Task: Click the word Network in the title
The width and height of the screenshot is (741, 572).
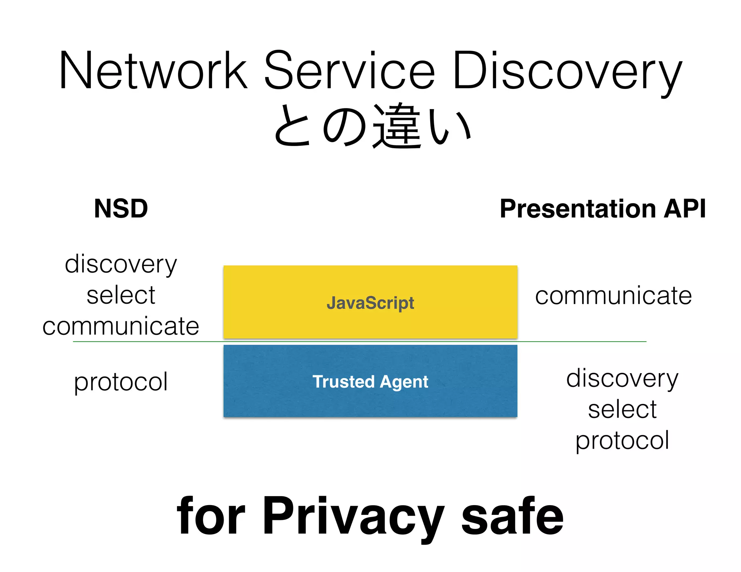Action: (x=153, y=71)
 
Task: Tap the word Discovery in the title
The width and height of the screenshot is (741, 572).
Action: (x=567, y=72)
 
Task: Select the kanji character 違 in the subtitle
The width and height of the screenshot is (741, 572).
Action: (x=397, y=127)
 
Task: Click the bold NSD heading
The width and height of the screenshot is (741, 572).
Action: (x=121, y=209)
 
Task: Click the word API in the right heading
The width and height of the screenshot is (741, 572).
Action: (x=685, y=209)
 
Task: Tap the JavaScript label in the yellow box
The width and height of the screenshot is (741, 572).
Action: (x=370, y=303)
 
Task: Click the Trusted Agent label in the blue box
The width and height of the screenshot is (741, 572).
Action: (x=370, y=382)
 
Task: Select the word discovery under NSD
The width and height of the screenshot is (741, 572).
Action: (x=121, y=264)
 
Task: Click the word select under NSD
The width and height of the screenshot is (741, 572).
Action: (x=121, y=295)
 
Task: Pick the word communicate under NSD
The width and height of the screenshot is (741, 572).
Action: (x=121, y=326)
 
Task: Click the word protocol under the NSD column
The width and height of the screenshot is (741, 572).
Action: (x=121, y=382)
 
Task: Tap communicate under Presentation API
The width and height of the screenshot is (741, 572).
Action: (x=613, y=296)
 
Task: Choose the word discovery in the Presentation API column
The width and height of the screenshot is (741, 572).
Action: (x=622, y=379)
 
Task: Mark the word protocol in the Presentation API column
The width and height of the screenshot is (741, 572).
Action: (x=622, y=441)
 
